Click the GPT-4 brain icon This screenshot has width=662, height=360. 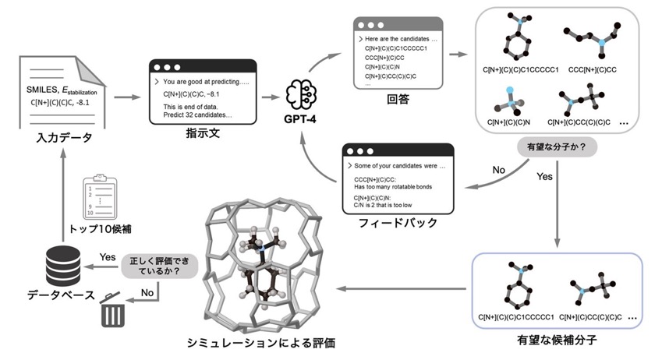301,95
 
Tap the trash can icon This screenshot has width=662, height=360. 112,310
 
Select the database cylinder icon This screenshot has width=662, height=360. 63,266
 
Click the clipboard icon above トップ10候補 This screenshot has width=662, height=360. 100,196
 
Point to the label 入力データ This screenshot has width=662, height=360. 64,138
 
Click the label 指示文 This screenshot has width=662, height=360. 203,133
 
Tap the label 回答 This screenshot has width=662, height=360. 398,99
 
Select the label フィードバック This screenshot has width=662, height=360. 398,223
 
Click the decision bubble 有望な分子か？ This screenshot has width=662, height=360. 557,147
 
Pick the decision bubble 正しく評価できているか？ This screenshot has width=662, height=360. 160,266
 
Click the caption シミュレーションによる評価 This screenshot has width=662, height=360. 261,343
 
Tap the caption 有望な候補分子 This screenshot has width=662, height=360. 557,340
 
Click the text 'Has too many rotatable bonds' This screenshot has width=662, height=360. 393,186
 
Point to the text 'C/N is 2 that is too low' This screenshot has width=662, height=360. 383,205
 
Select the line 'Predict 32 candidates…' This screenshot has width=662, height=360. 197,115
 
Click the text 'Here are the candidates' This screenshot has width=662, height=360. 397,39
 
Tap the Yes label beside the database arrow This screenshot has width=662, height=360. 108,257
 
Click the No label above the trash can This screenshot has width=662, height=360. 147,292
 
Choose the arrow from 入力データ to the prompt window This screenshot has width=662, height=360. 127,97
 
